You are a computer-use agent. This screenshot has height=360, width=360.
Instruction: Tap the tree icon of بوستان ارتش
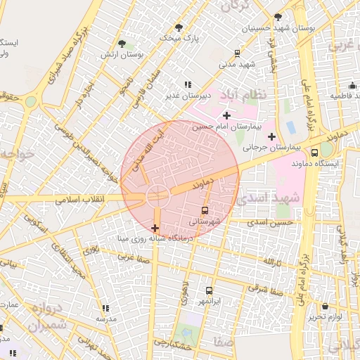click(122, 44)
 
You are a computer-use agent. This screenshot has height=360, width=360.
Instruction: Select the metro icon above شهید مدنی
click(238, 53)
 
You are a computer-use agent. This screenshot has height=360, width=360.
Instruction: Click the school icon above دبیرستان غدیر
click(187, 85)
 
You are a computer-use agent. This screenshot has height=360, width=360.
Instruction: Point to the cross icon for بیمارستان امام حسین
click(226, 115)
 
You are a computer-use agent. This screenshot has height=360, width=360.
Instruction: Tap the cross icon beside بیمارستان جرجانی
click(272, 136)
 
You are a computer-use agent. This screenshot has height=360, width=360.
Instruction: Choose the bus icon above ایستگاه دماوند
click(314, 152)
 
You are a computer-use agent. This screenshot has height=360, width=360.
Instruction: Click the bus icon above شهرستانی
click(205, 210)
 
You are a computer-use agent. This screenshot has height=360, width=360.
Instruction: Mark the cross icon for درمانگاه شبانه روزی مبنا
click(155, 229)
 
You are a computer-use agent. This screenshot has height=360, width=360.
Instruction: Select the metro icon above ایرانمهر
click(209, 290)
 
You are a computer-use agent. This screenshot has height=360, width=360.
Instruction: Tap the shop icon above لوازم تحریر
click(324, 307)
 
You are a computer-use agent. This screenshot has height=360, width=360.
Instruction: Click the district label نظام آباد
click(243, 95)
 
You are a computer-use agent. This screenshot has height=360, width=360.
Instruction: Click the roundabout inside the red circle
click(156, 197)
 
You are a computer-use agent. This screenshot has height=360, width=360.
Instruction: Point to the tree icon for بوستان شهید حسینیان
click(278, 17)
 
